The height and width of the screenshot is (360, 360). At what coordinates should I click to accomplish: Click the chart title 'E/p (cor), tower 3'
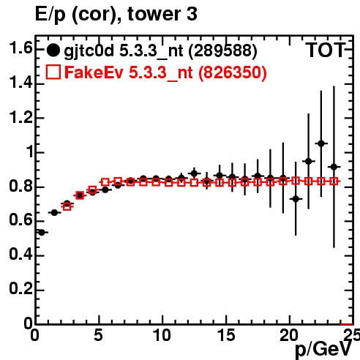pyautogui.click(x=116, y=15)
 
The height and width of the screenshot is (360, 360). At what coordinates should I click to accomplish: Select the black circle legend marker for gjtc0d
pyautogui.click(x=53, y=50)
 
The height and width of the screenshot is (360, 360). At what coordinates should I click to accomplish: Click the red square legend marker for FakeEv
pyautogui.click(x=53, y=72)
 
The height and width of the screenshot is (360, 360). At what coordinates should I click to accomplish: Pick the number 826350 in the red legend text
pyautogui.click(x=232, y=72)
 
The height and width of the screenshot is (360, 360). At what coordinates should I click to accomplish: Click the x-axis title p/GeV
pyautogui.click(x=323, y=349)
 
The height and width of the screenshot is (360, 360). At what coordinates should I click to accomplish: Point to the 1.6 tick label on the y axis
pyautogui.click(x=20, y=48)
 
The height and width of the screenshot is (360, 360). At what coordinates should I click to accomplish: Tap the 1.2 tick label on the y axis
pyautogui.click(x=20, y=117)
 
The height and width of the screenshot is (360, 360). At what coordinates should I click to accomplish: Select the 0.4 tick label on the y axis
pyautogui.click(x=20, y=255)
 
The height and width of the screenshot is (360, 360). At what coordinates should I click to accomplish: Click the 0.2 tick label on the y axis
pyautogui.click(x=20, y=289)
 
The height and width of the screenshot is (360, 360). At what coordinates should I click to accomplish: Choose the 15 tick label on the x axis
pyautogui.click(x=227, y=335)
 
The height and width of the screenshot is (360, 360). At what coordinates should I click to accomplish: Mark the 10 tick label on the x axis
pyautogui.click(x=162, y=335)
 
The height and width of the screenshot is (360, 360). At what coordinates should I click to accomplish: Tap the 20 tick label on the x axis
pyautogui.click(x=289, y=335)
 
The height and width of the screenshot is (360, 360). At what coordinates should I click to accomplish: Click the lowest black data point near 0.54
pyautogui.click(x=42, y=233)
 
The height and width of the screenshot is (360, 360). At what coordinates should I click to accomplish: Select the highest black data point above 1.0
pyautogui.click(x=321, y=143)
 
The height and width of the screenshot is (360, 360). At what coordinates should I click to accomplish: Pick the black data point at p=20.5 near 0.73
pyautogui.click(x=296, y=199)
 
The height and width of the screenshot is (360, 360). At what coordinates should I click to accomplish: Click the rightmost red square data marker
pyautogui.click(x=334, y=181)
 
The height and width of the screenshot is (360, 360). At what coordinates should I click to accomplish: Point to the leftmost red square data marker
pyautogui.click(x=67, y=206)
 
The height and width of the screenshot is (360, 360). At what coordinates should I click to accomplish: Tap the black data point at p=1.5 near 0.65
pyautogui.click(x=54, y=213)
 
